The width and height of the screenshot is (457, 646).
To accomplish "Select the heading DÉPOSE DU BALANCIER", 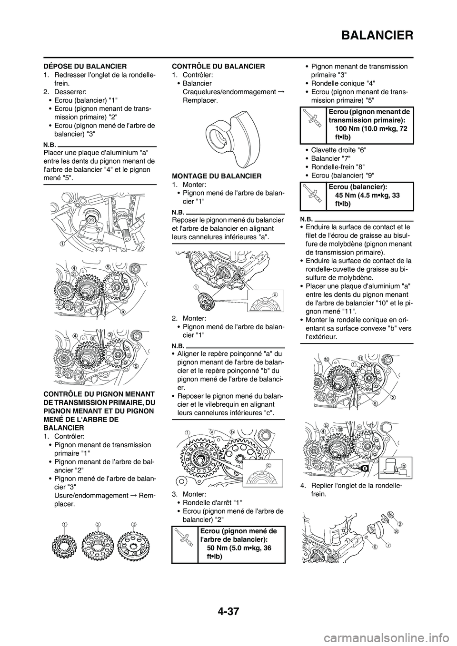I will click(85, 66).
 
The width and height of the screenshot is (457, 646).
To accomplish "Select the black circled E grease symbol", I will click(364, 481).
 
